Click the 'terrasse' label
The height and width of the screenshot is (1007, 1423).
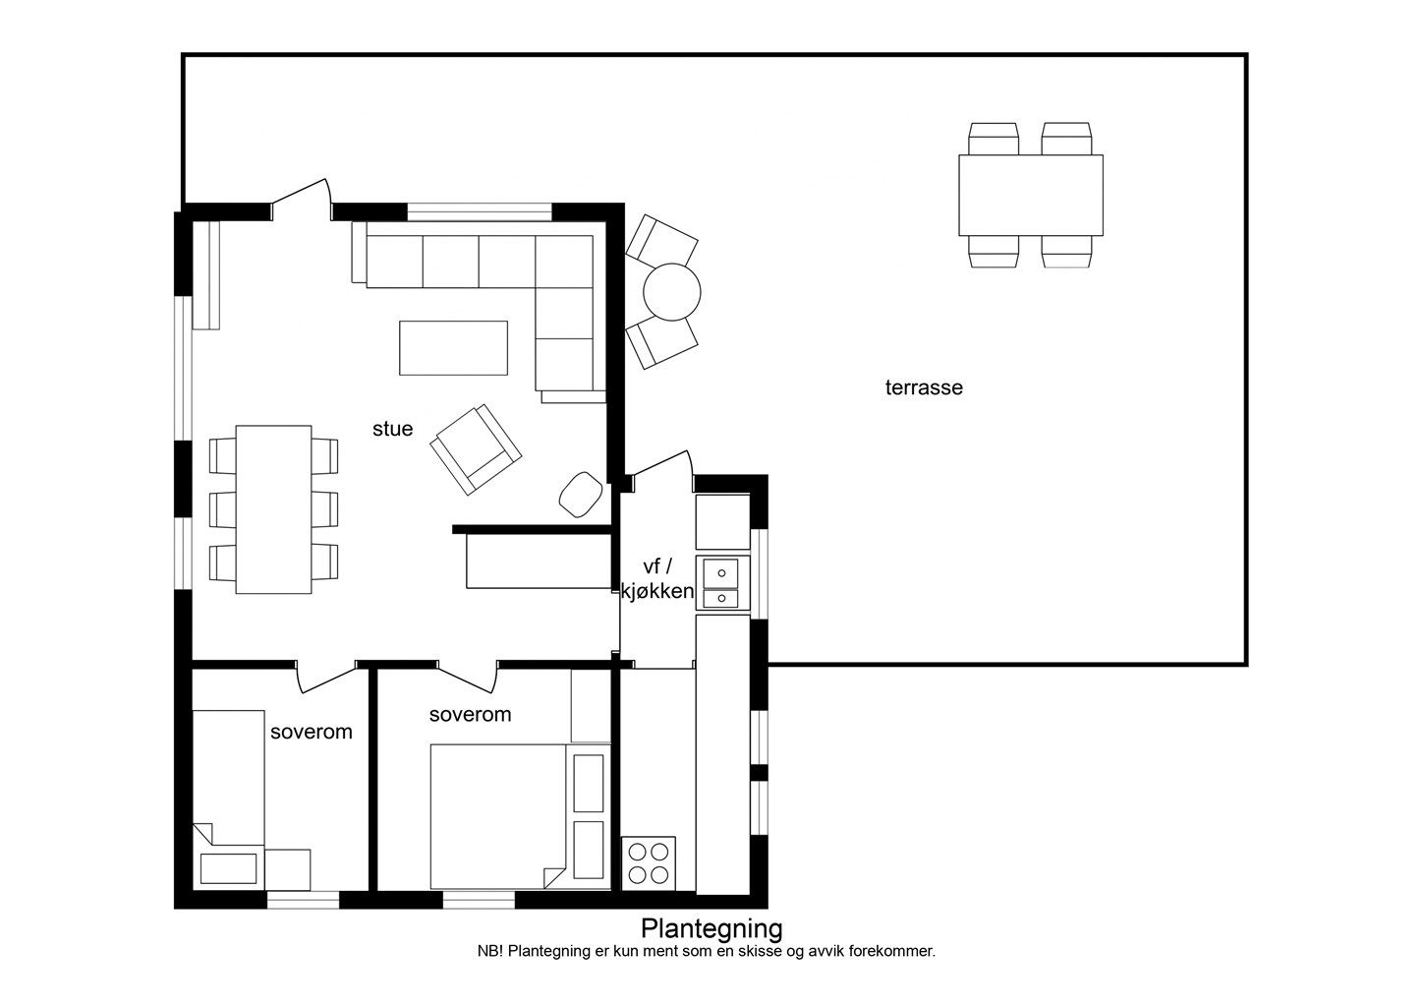[x=924, y=387]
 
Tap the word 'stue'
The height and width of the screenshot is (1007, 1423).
[x=392, y=429]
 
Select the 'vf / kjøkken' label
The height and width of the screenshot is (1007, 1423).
[x=656, y=578]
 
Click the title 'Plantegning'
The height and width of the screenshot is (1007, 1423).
[x=711, y=928]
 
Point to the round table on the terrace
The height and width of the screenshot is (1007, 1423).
[x=671, y=292]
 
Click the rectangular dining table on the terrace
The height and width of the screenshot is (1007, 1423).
[x=1031, y=195]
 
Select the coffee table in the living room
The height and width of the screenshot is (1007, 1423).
[x=454, y=348]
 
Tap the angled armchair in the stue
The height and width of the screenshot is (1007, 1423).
[x=476, y=449]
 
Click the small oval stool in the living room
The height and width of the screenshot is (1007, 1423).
[x=581, y=494]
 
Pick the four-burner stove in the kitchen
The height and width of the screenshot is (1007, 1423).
[x=648, y=863]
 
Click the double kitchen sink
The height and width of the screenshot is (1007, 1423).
[x=721, y=583]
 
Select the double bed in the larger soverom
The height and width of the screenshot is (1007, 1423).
[x=498, y=816]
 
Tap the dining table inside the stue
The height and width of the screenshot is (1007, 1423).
[x=273, y=509]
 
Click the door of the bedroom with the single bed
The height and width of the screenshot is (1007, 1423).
[x=325, y=679]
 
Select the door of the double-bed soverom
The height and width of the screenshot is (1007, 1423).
[x=467, y=679]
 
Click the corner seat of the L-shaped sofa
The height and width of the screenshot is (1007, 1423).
[x=564, y=262]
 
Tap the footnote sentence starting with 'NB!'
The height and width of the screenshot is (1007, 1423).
[x=707, y=952]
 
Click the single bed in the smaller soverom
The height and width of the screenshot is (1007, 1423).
[x=228, y=800]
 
